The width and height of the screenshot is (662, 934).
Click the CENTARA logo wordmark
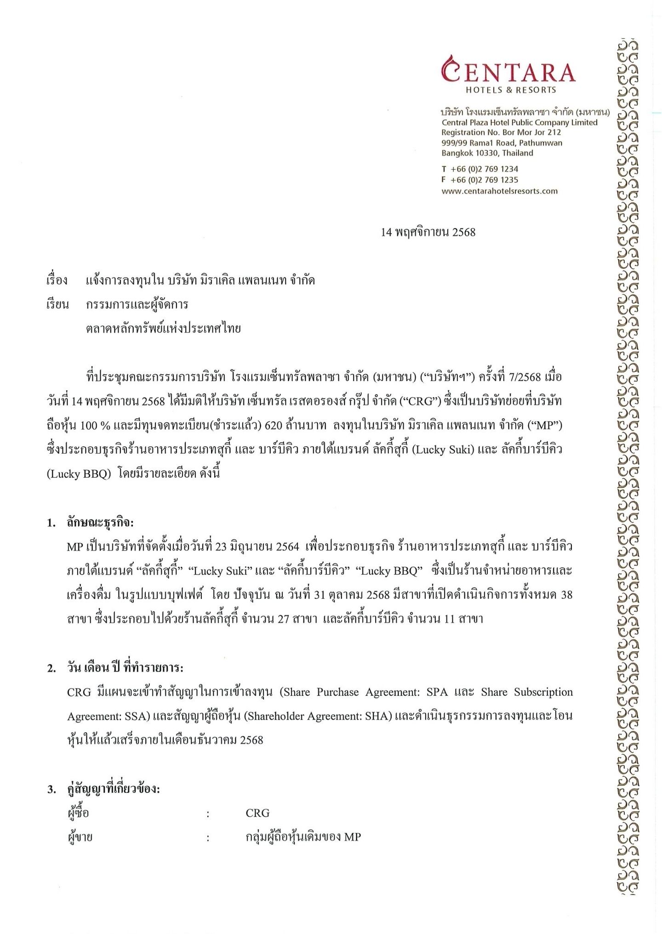508,72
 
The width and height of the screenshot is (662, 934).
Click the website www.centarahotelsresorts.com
499,191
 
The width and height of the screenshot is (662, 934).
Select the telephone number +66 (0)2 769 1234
484,169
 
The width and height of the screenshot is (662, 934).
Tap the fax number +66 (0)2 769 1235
484,180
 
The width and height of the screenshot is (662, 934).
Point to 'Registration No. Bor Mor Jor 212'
501,132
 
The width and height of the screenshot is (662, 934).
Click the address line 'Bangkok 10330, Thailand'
487,153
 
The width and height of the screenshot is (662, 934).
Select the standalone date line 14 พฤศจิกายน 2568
428,233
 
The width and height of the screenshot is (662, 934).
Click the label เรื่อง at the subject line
57,280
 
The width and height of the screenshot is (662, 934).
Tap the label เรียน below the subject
57,305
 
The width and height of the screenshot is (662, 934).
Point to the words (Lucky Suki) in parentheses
442,450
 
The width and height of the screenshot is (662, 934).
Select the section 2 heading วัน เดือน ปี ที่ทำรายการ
125,668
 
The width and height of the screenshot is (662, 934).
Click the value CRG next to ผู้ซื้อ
257,813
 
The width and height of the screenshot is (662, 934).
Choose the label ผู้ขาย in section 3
80,837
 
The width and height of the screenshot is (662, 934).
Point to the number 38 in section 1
566,595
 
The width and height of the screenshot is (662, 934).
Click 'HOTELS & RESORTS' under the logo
511,90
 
